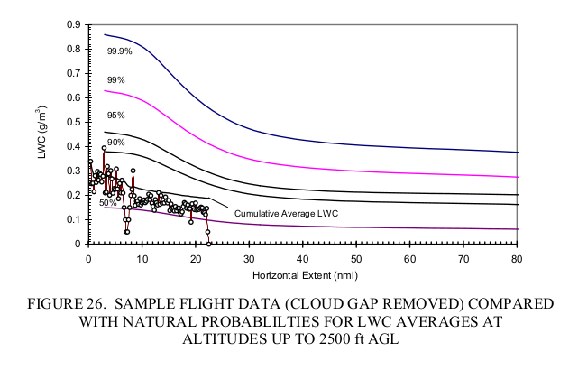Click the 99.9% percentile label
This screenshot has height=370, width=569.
(x=120, y=51)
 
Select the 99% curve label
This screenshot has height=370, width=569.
(x=115, y=80)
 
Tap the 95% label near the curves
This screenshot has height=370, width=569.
(x=115, y=116)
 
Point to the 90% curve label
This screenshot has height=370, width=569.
(x=115, y=143)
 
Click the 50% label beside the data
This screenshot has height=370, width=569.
(x=107, y=204)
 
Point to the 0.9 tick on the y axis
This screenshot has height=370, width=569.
(x=73, y=24)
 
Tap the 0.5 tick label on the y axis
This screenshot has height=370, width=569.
(x=73, y=122)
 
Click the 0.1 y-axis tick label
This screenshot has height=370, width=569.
(x=73, y=219)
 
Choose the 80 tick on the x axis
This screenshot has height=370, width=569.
(x=518, y=258)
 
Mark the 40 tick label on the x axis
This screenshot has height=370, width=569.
(x=303, y=258)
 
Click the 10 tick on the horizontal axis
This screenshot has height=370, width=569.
(x=142, y=258)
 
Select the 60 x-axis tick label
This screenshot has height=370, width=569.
(x=410, y=258)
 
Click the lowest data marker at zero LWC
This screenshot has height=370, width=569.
(x=208, y=243)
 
